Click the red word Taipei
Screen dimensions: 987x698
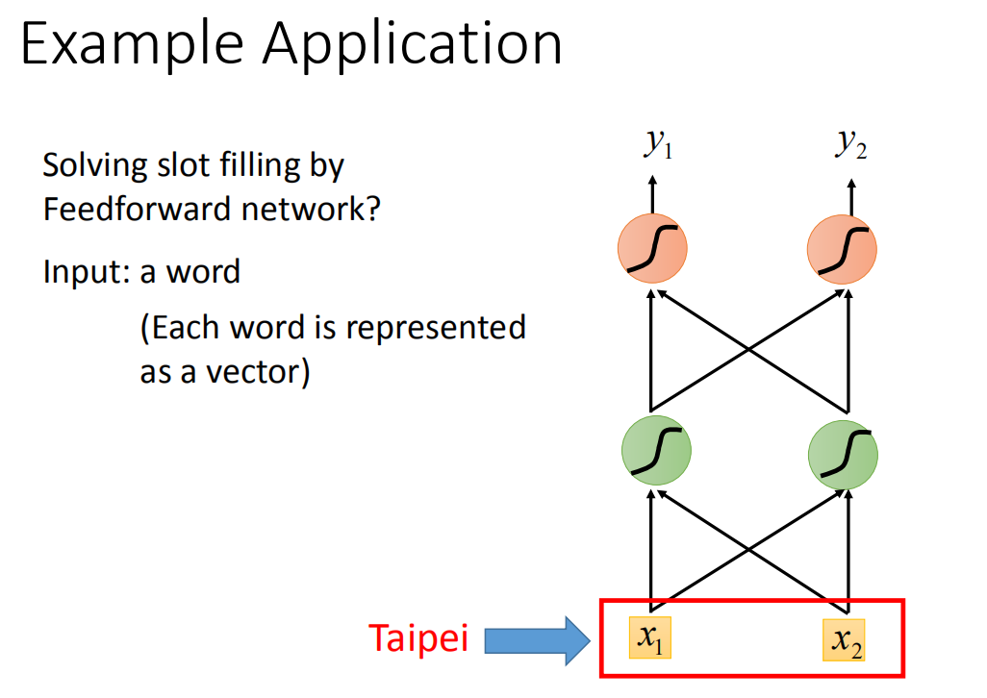[418, 638]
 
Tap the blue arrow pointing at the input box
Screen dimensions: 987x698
[538, 640]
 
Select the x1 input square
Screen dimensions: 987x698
[650, 637]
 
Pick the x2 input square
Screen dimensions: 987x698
[844, 640]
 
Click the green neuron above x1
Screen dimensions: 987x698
[656, 450]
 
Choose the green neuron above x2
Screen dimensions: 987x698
[843, 455]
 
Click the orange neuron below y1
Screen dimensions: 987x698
[652, 248]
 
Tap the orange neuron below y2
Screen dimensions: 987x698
[843, 250]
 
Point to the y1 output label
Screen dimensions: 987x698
[658, 143]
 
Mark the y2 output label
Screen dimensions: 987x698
[851, 144]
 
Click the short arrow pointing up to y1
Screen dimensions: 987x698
[653, 194]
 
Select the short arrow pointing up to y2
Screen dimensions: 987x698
[851, 197]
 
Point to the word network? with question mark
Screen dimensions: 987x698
[311, 209]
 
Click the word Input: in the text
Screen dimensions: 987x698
[87, 273]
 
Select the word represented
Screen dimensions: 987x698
[436, 329]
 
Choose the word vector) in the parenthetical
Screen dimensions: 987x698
[258, 372]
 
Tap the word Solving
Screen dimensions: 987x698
[95, 166]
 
